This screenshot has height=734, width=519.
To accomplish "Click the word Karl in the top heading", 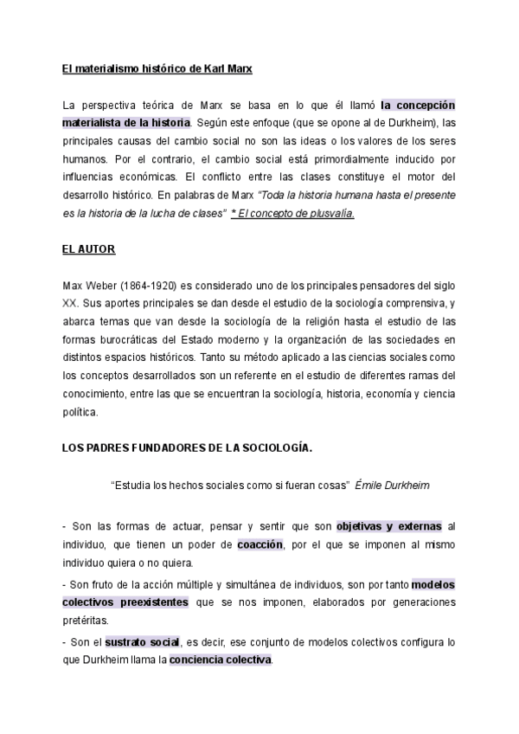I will coord(208,67).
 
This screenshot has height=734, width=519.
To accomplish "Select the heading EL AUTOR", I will coord(89,248).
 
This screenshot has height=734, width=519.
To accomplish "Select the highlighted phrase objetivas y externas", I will coord(389,525).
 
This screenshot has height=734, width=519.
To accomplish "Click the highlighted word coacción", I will coord(260,544).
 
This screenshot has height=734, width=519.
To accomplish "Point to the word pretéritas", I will coord(86,621).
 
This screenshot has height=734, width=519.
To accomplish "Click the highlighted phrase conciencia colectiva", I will coord(221,660).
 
